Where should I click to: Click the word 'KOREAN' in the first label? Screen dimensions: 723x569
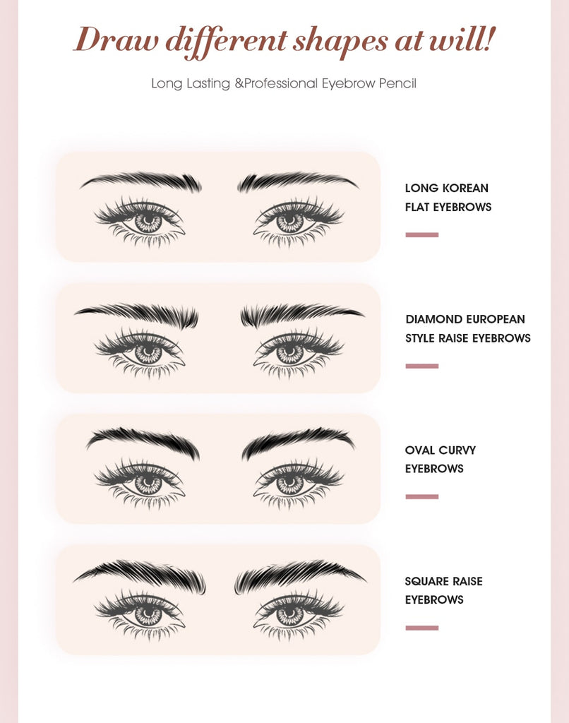click(465, 189)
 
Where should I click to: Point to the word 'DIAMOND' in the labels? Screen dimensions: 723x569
click(433, 319)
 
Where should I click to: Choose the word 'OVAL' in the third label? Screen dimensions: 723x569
click(420, 450)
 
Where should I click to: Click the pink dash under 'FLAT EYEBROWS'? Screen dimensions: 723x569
click(422, 234)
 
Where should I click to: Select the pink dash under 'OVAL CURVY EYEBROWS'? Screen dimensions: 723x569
click(422, 496)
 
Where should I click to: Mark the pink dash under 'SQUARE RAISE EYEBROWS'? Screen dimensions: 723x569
click(422, 628)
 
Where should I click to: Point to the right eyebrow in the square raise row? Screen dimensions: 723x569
click(297, 573)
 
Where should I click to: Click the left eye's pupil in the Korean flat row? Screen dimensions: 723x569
click(148, 221)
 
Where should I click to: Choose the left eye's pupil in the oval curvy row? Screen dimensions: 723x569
click(148, 484)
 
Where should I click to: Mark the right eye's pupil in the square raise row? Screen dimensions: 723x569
click(289, 614)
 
